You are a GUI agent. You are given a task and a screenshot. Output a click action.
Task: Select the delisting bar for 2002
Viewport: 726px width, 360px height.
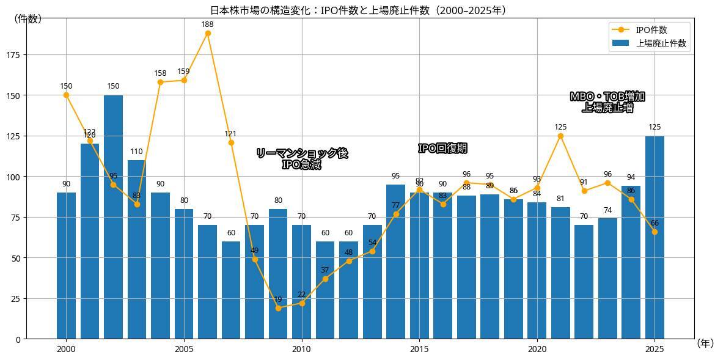click(x=113, y=217)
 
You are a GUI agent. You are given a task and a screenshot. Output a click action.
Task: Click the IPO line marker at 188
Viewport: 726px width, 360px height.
click(x=208, y=34)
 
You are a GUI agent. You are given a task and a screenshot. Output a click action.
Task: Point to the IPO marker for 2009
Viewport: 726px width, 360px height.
click(x=278, y=308)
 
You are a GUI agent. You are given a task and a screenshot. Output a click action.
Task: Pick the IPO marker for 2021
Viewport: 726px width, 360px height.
click(x=560, y=136)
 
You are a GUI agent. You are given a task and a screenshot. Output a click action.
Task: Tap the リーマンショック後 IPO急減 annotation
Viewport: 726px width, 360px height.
click(x=301, y=159)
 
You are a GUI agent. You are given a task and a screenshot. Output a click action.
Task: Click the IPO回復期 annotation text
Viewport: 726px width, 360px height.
click(x=442, y=149)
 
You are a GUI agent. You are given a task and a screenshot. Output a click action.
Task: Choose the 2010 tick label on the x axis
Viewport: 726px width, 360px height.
click(x=301, y=349)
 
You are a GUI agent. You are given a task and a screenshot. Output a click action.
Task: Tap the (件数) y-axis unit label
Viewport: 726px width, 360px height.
click(x=28, y=19)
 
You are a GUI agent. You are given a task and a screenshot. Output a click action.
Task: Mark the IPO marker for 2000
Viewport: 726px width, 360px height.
click(x=66, y=95)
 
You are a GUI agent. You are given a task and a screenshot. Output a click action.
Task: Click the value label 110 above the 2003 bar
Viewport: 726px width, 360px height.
click(x=136, y=152)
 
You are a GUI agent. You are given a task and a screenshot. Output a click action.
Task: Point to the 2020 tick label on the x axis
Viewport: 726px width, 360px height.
click(x=537, y=349)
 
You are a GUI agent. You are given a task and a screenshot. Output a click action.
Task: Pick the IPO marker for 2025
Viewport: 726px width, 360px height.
click(x=654, y=232)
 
